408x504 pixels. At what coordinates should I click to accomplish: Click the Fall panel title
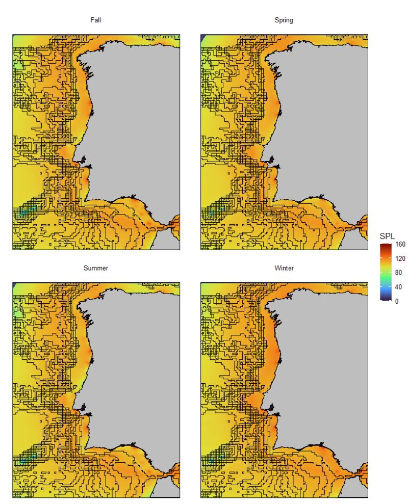point(96,20)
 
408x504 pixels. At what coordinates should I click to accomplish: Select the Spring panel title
point(284,20)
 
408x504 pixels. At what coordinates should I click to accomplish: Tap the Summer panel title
point(96,268)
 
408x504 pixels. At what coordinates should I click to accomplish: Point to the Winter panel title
point(284,268)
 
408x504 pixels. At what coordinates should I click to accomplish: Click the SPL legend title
point(388,236)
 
